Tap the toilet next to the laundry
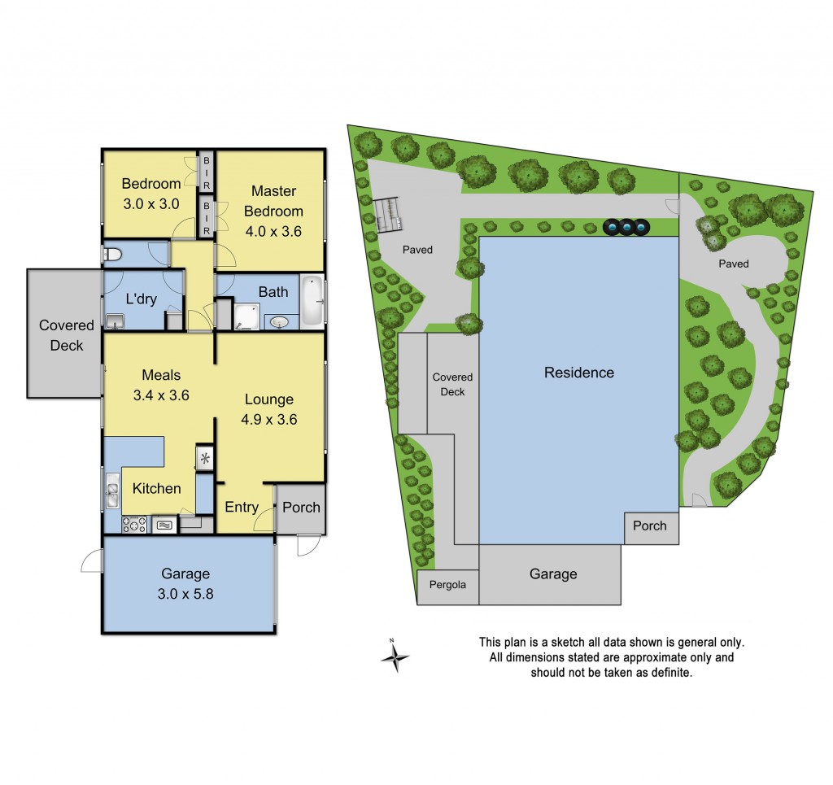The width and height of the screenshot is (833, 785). pos(112,255)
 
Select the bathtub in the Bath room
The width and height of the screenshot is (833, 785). pos(312,302)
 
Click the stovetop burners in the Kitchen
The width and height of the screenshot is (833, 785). pos(133,525)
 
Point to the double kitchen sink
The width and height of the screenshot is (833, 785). pos(111,491)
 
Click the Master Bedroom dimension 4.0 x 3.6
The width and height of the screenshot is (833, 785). pos(273,230)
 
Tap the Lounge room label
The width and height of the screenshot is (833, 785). pos(269,399)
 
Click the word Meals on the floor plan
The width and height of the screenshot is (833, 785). pos(161,375)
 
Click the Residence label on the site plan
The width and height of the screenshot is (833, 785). pos(578,373)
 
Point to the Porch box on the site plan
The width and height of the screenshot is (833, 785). pos(650,526)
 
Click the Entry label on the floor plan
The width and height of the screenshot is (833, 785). pos(242,507)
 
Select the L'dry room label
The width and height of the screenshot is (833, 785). pos(141,299)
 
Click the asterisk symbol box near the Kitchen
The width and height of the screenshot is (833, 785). pos(204,457)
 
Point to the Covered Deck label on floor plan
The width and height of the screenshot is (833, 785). pos(67,335)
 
